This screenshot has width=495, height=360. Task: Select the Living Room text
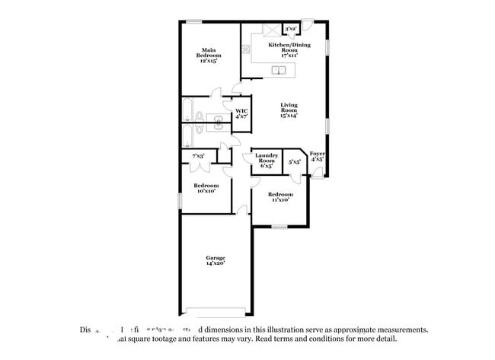(x=288, y=110)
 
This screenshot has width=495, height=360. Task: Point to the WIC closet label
(x=241, y=114)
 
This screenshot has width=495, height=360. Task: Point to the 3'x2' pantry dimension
(x=290, y=29)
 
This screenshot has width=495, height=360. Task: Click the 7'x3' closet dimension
(x=197, y=156)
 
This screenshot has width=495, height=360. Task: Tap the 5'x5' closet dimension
(x=294, y=162)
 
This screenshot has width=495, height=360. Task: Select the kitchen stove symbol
(x=246, y=49)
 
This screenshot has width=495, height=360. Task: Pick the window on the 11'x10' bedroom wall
(x=280, y=227)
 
